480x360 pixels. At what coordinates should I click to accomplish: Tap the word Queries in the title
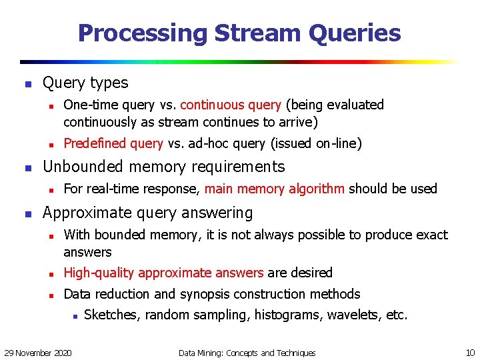355,33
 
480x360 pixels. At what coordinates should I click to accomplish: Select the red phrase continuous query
231,105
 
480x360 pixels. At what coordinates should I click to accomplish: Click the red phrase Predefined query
113,143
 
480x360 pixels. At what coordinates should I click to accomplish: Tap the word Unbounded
84,167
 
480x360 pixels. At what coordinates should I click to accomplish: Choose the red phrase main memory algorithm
275,189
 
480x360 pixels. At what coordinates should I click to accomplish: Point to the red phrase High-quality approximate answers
163,273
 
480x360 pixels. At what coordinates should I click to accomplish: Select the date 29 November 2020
39,352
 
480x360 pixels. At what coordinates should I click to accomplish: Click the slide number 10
470,352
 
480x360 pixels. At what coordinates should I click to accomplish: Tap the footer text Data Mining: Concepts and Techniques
247,352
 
